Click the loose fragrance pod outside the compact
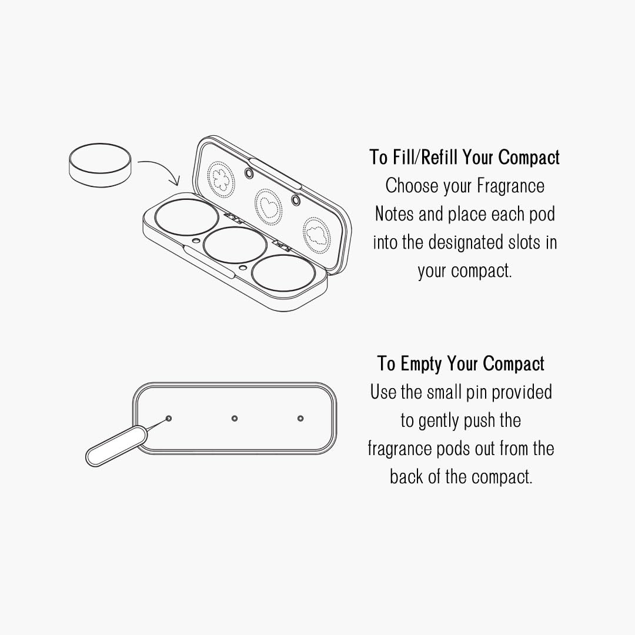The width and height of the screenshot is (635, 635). (101, 165)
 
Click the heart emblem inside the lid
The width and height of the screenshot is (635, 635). (268, 206)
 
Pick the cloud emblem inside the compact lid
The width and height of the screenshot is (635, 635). (317, 233)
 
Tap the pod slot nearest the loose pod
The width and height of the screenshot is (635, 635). (186, 216)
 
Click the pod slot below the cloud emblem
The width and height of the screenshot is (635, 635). (283, 272)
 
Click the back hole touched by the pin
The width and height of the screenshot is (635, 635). (169, 419)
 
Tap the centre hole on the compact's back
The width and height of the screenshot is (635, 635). (235, 419)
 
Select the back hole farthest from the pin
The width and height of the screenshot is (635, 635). (300, 419)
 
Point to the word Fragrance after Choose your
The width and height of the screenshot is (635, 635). (511, 186)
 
